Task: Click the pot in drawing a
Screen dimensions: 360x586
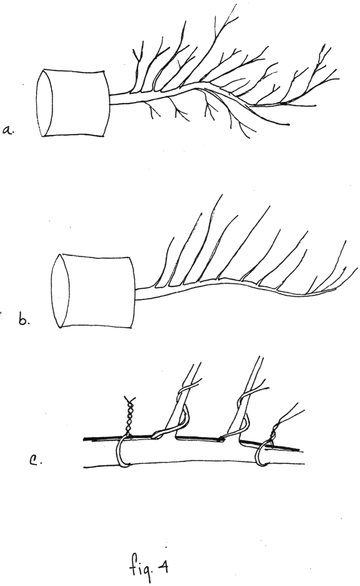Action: [x=73, y=103]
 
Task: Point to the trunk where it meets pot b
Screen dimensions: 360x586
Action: [x=135, y=294]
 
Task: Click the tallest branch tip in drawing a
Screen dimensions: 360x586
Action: [x=236, y=4]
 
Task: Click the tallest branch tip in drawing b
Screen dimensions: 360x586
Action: [x=223, y=194]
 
